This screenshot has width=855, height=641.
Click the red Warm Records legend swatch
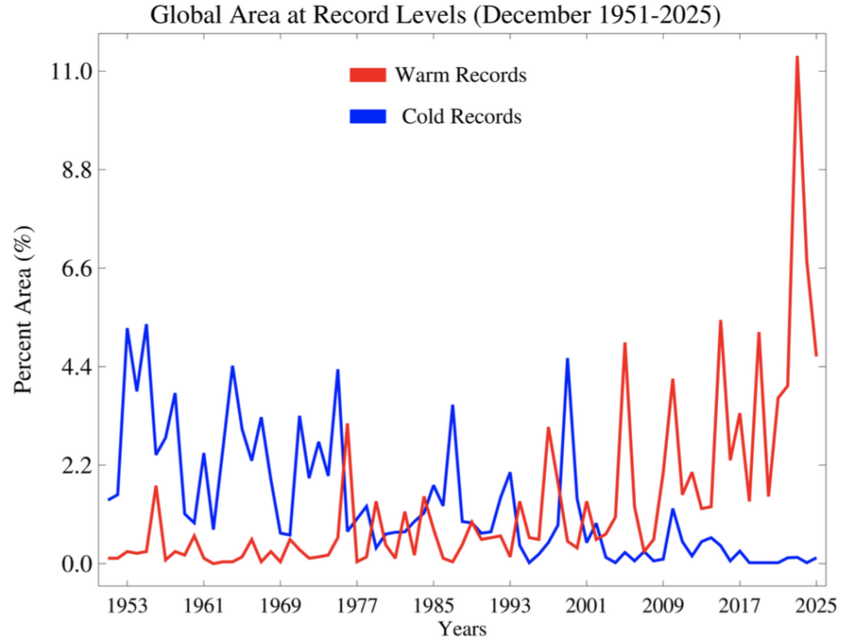(368, 75)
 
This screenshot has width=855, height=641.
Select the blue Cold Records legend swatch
(368, 116)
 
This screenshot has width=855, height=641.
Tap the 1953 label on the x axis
(128, 604)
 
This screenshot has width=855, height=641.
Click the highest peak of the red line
(797, 57)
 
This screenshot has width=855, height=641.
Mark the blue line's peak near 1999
(568, 359)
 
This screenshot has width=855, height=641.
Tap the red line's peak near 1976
(347, 425)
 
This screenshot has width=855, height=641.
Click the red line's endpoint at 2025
(817, 355)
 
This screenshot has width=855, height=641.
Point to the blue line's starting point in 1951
(109, 499)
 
